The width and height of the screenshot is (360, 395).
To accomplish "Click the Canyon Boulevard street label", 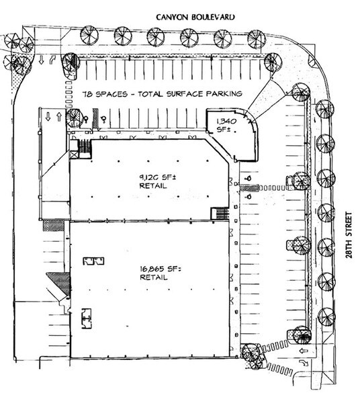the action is (x=195, y=17).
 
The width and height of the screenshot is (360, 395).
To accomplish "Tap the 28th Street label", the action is (x=349, y=235).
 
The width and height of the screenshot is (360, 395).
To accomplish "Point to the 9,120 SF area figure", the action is (x=158, y=177).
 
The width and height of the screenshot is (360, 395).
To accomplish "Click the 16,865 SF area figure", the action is (x=161, y=269).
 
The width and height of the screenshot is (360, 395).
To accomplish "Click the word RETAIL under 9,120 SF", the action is (x=153, y=186).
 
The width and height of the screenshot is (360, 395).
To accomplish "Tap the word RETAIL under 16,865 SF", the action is (x=153, y=277).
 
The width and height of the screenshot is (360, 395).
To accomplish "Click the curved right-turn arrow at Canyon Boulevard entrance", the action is (x=53, y=60).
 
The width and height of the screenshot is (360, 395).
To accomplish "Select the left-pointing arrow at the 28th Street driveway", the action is (x=304, y=351).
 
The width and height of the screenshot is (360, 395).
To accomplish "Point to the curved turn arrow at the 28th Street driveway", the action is (x=304, y=363).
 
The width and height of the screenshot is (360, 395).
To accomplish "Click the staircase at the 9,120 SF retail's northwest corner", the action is (x=85, y=146).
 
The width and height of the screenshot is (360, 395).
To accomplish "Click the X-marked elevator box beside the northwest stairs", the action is (x=74, y=155).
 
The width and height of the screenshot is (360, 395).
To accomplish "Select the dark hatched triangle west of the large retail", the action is (x=60, y=282).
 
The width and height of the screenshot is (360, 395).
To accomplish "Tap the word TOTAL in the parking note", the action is (x=150, y=94).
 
